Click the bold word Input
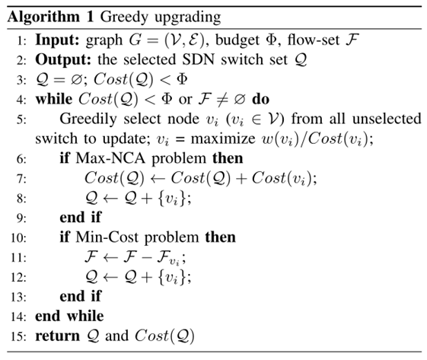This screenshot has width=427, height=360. click(x=57, y=40)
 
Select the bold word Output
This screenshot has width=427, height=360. click(x=63, y=59)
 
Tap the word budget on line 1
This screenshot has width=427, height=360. click(x=237, y=40)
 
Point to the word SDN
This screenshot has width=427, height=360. click(x=199, y=59)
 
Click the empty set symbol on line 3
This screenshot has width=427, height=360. click(x=76, y=79)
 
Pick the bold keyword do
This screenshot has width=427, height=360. click(x=260, y=99)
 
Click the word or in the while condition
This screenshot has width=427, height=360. click(x=185, y=100)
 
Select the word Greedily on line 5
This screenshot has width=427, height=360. click(x=89, y=119)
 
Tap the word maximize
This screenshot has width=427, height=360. click(x=223, y=139)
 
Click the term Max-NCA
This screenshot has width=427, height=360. click(x=110, y=158)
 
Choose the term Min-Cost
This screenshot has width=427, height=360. click(x=107, y=237)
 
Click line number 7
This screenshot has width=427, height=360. click(x=21, y=179)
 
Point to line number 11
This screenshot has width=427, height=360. click(x=18, y=257)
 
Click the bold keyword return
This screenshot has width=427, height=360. click(x=57, y=336)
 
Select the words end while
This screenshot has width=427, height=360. click(x=69, y=316)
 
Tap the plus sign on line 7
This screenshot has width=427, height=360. click(x=241, y=179)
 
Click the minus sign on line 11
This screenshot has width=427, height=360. click(x=147, y=257)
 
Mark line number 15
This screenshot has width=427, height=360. click(x=18, y=336)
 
